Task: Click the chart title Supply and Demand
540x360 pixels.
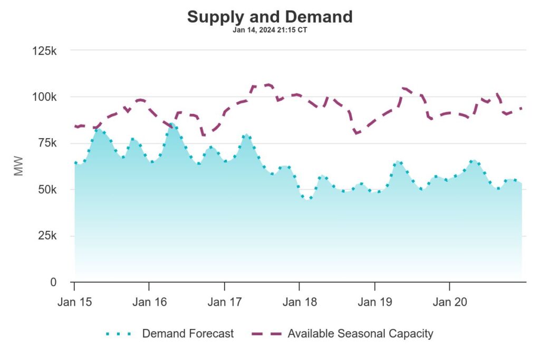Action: (269, 17)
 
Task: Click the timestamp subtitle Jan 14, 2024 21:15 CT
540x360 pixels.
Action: (269, 30)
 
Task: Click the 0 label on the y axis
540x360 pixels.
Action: (53, 283)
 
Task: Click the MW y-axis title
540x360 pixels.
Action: (19, 167)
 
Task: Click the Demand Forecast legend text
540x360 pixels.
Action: (188, 334)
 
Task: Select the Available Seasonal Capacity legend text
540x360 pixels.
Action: (360, 334)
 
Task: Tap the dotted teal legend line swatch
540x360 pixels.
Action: (120, 334)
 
